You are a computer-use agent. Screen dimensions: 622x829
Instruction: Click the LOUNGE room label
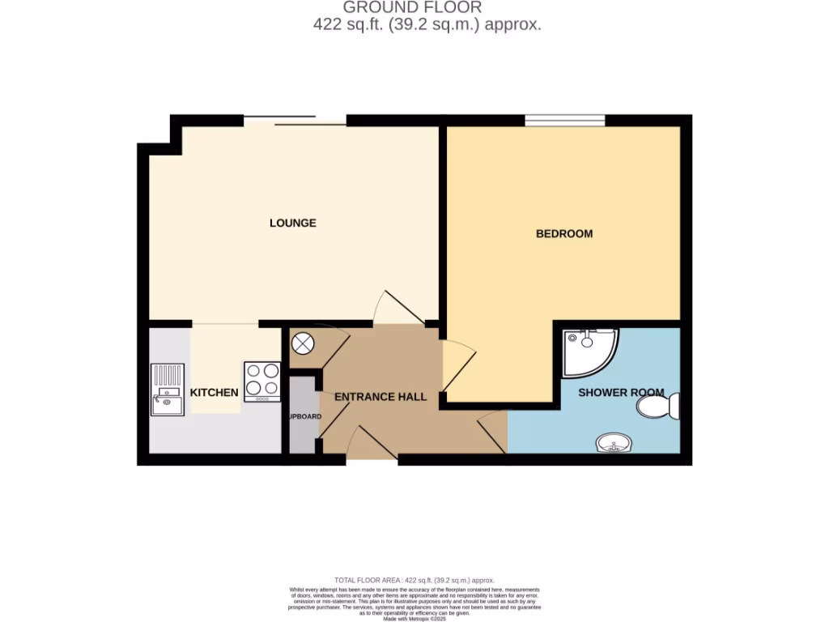click(x=292, y=223)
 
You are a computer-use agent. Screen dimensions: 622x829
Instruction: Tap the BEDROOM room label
click(x=564, y=233)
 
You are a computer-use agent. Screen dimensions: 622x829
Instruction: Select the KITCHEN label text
click(x=214, y=393)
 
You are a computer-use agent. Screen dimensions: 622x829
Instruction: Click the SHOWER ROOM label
click(x=621, y=393)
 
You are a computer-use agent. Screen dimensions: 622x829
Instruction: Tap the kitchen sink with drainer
click(x=168, y=390)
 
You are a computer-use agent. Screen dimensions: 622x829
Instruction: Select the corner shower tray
click(x=589, y=351)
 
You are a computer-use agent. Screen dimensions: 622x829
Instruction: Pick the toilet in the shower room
click(x=659, y=406)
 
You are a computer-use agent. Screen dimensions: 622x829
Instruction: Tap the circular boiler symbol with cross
click(x=302, y=344)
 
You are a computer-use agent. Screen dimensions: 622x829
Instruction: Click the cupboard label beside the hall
click(x=304, y=417)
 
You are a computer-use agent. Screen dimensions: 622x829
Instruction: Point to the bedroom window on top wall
click(x=564, y=121)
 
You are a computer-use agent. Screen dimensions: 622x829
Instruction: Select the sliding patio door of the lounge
click(x=295, y=121)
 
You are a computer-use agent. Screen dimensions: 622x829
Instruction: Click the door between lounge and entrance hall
click(x=398, y=309)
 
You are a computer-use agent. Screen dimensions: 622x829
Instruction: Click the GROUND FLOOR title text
click(x=414, y=8)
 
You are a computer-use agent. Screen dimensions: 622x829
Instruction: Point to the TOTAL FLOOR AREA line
click(x=414, y=581)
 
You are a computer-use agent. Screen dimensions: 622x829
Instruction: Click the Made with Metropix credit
click(x=414, y=618)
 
